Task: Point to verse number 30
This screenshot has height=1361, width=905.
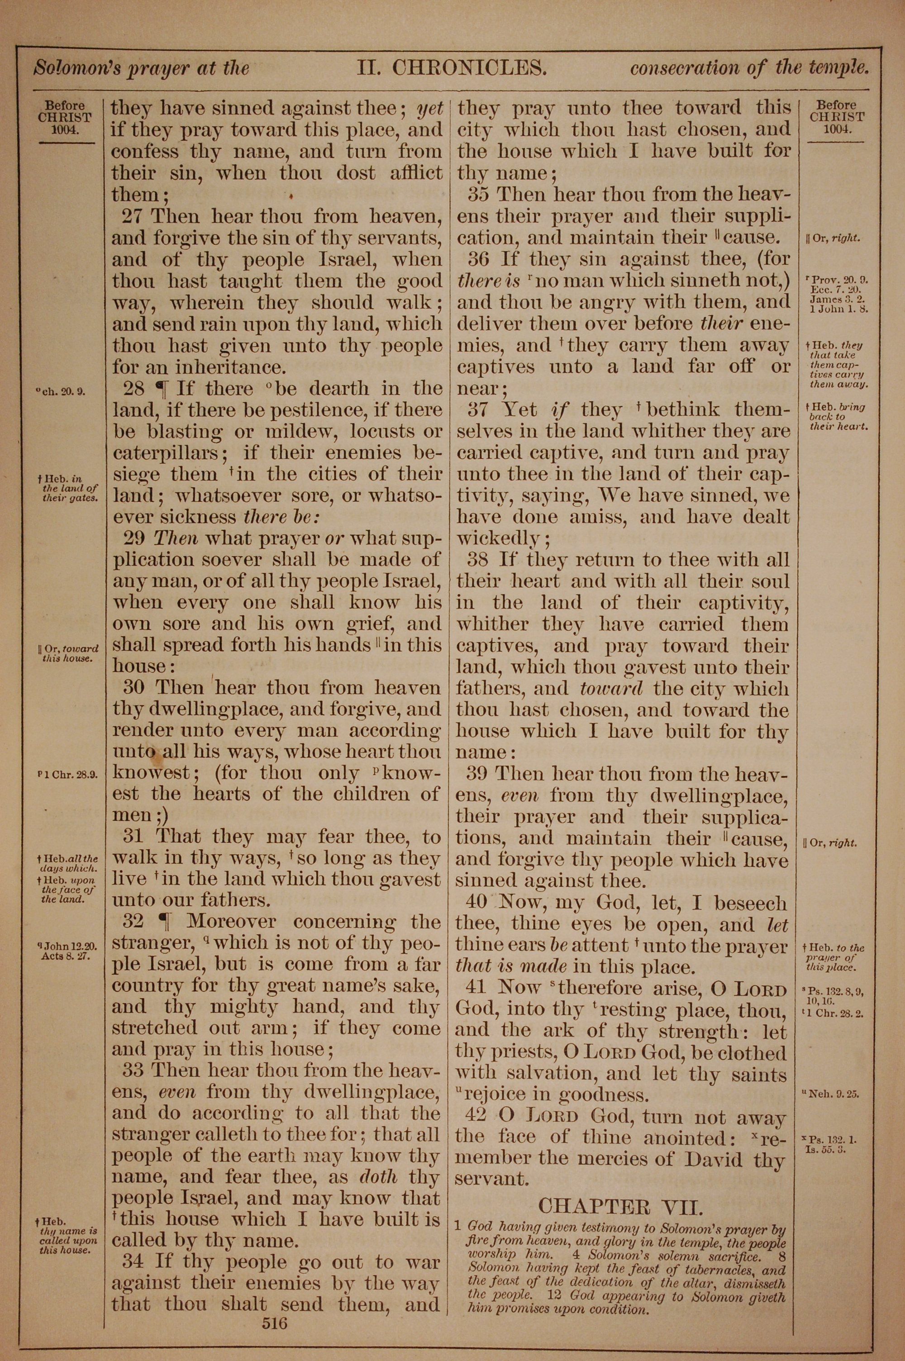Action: pyautogui.click(x=134, y=688)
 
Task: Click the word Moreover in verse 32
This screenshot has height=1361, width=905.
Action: pyautogui.click(x=231, y=923)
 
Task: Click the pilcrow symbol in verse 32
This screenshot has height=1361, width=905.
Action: pyautogui.click(x=165, y=923)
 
